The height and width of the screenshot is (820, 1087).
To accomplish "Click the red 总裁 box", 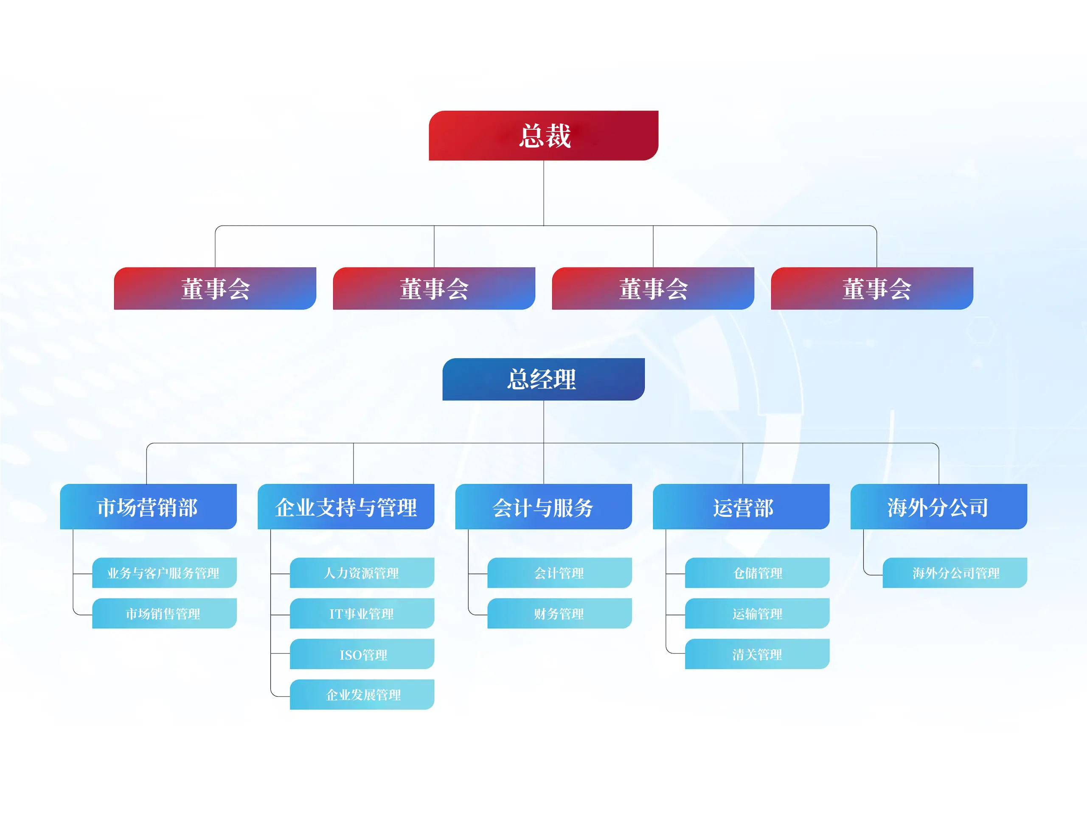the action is (x=543, y=136).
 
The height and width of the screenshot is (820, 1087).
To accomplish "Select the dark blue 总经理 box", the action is (x=543, y=379).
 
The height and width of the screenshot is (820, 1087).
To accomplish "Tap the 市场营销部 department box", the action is (x=149, y=507).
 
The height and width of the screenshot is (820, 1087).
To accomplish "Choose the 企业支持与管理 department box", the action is (x=346, y=507).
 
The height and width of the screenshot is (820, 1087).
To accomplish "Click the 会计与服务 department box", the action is (x=543, y=507).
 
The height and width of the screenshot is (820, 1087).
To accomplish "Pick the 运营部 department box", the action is (x=741, y=507).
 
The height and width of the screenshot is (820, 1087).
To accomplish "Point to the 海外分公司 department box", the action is (x=938, y=507).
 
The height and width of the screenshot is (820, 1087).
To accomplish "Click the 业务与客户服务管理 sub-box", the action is (x=165, y=572).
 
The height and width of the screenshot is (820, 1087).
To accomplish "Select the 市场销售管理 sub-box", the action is (x=165, y=613).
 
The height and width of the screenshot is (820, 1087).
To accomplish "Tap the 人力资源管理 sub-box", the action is (x=362, y=572).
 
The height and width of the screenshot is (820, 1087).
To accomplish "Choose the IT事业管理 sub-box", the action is (x=362, y=613).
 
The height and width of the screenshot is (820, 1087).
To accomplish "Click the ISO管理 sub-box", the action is (x=362, y=654).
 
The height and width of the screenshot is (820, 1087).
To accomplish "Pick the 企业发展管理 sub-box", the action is (x=362, y=694).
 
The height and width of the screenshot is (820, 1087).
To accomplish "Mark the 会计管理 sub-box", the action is (x=560, y=572).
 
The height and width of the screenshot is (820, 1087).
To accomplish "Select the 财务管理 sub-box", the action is (x=560, y=613).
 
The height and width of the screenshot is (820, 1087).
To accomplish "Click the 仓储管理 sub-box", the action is (x=757, y=572).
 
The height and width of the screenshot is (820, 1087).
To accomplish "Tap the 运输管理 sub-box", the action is (x=757, y=613).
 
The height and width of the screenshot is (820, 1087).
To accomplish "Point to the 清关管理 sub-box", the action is (x=757, y=654).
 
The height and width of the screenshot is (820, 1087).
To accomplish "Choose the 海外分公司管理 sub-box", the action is (x=955, y=572).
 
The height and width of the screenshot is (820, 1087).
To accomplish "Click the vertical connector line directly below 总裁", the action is (x=543, y=193).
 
